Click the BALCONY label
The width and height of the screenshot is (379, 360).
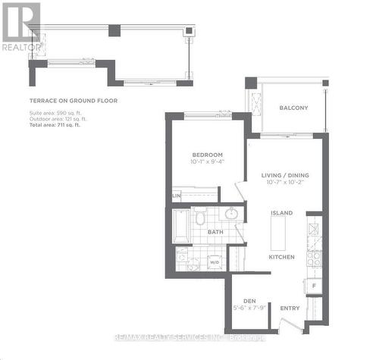tap(293, 108)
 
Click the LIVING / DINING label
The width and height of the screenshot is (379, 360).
tap(284, 175)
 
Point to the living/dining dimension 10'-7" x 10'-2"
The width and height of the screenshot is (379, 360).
tap(284, 183)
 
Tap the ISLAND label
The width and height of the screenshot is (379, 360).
tap(282, 213)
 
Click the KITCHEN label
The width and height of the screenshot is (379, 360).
tap(281, 257)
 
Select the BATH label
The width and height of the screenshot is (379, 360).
tap(216, 232)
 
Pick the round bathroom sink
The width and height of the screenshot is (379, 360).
tap(231, 214)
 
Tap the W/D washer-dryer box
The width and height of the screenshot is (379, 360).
tap(215, 261)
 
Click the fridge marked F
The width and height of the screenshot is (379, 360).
tap(314, 286)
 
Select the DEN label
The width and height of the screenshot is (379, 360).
tap(249, 300)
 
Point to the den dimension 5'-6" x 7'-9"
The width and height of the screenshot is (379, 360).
tap(249, 308)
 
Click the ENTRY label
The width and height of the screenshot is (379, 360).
tap(290, 308)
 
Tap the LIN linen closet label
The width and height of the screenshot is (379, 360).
tap(177, 196)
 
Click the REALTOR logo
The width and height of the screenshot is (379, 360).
tap(20, 26)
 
